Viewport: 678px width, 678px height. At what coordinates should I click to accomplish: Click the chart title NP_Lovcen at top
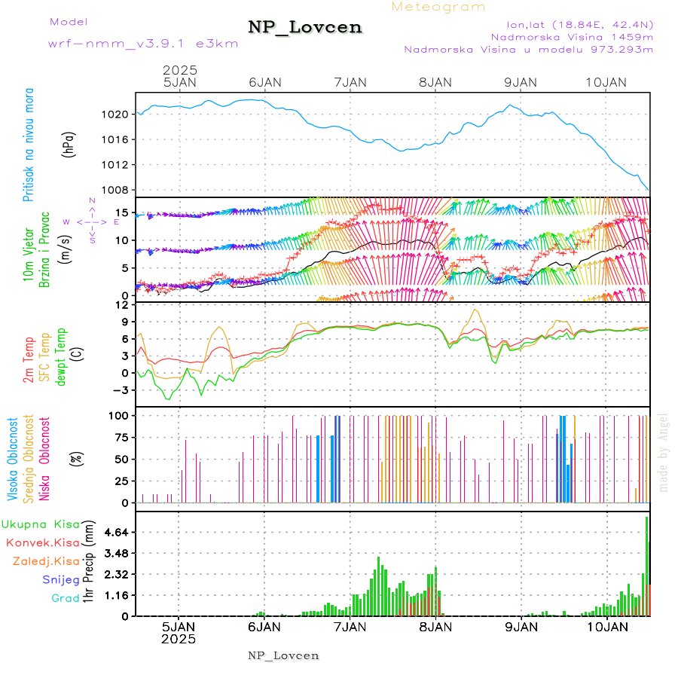pyautogui.click(x=305, y=28)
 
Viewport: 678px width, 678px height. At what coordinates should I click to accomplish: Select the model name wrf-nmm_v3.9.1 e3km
pyautogui.click(x=143, y=43)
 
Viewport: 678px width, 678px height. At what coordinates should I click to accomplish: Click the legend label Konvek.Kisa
pyautogui.click(x=42, y=542)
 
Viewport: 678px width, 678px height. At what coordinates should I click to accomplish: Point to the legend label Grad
pyautogui.click(x=66, y=598)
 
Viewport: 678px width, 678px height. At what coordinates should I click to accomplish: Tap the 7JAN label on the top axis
pyautogui.click(x=350, y=82)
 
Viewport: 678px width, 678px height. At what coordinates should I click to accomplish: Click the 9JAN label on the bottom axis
pyautogui.click(x=520, y=626)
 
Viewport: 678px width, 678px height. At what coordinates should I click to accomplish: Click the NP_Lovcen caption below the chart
pyautogui.click(x=283, y=655)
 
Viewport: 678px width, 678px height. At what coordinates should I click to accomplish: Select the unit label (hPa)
pyautogui.click(x=69, y=145)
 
